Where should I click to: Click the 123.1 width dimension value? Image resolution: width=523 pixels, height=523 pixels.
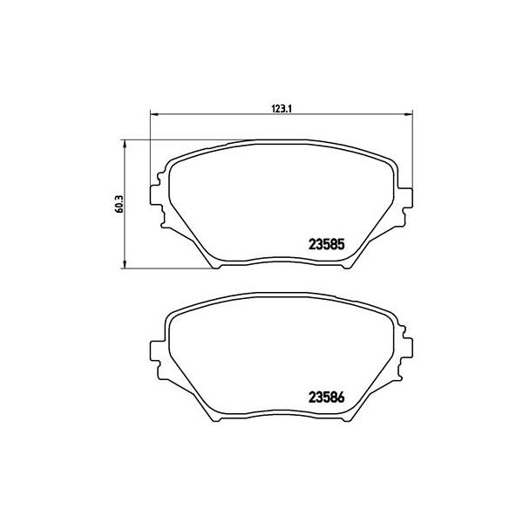[x=279, y=108]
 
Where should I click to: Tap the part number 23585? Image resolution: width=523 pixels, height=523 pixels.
[x=329, y=245]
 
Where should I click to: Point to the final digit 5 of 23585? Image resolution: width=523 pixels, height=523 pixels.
[x=344, y=245]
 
